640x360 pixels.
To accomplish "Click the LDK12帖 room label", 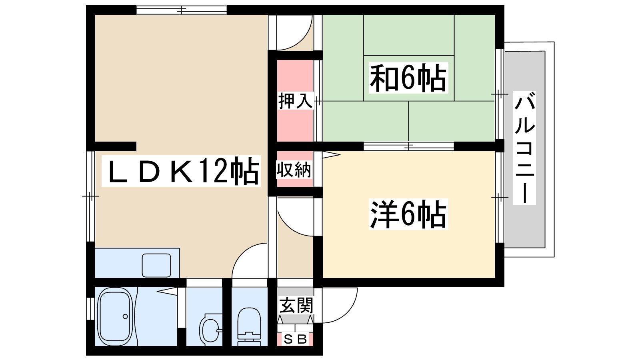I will tap(181, 171).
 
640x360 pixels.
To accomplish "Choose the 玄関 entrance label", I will tap(296, 306).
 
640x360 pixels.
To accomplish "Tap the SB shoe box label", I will tap(295, 339).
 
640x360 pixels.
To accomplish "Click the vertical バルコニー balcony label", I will tap(524, 148).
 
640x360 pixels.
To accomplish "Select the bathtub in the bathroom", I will tap(115, 316).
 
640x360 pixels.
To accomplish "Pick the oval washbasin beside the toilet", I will tap(210, 330).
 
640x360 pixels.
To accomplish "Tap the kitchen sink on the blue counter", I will tap(156, 265).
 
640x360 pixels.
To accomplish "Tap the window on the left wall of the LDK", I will tap(90, 196).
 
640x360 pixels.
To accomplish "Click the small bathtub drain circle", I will tap(125, 316).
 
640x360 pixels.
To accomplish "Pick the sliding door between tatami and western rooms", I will tap(408, 146).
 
